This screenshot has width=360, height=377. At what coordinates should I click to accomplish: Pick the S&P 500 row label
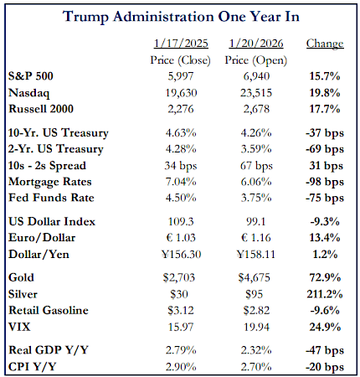(x=36, y=74)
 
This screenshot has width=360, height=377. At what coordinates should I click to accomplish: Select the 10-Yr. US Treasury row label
(x=62, y=132)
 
